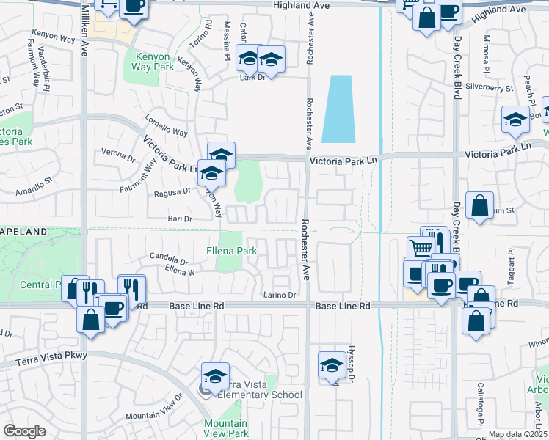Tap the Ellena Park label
[x=230, y=251]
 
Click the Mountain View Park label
[x=225, y=429]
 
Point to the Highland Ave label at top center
[x=301, y=5]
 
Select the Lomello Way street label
[x=166, y=125]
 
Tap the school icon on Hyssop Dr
[x=332, y=364]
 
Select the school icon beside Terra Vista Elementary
[x=215, y=376]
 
